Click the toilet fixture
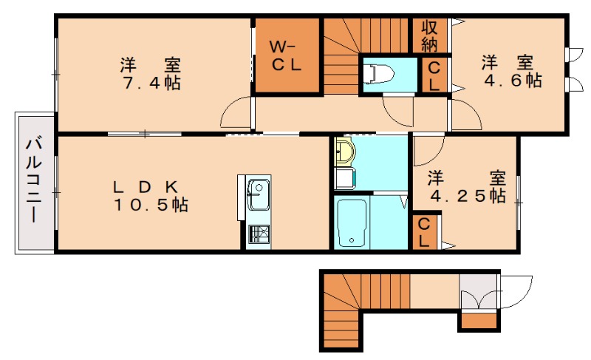(379, 72)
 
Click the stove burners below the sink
(258, 234)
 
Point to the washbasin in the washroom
(344, 153)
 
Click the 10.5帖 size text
(150, 205)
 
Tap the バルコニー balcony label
(33, 182)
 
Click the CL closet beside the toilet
(434, 75)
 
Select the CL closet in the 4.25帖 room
(425, 232)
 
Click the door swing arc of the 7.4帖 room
(234, 115)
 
